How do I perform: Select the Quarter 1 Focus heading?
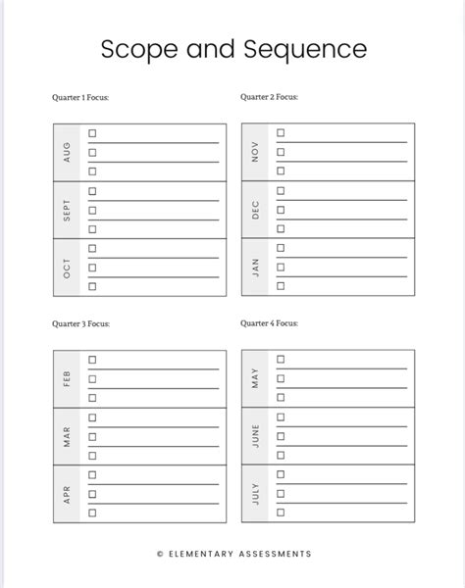point(81,98)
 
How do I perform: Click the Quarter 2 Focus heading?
point(269,98)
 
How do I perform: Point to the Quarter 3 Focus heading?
point(81,323)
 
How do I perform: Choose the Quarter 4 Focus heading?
point(269,323)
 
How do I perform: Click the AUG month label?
point(67,152)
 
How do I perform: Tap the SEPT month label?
point(67,210)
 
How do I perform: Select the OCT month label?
point(67,268)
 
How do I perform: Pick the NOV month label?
point(255,152)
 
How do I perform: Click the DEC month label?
point(255,210)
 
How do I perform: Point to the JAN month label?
point(255,268)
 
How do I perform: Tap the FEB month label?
point(67,378)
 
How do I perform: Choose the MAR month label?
point(67,436)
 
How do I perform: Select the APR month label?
point(67,494)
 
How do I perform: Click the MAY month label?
point(255,378)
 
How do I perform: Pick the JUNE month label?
point(255,436)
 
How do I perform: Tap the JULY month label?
point(255,494)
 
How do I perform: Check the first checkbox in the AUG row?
point(92,133)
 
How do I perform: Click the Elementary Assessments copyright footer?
point(232,554)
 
